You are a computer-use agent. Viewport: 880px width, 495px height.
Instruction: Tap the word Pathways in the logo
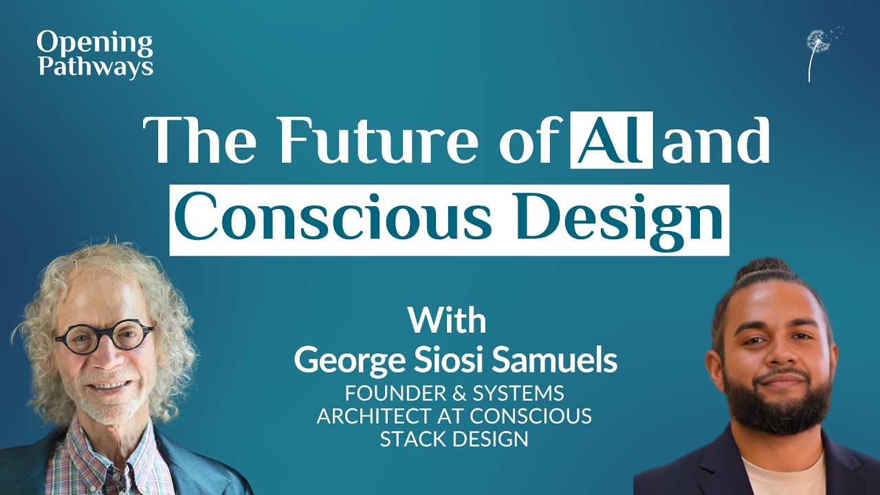[95, 67]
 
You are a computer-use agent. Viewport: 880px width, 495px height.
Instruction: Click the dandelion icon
[820, 52]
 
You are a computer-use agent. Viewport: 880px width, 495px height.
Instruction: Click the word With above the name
[447, 320]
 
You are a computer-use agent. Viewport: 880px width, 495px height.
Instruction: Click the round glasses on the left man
[104, 338]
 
